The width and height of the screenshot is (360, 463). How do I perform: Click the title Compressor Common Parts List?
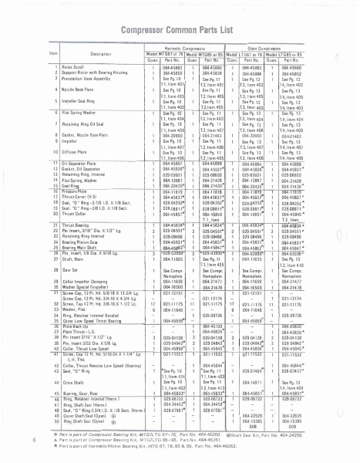[180, 27]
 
